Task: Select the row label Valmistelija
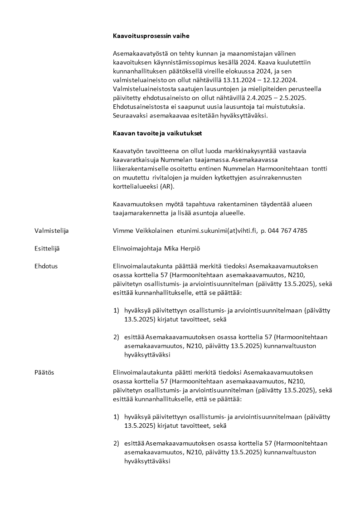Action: click(x=51, y=230)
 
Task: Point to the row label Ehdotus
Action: click(x=46, y=266)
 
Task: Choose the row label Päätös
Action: click(x=44, y=372)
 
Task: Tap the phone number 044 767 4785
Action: click(x=287, y=230)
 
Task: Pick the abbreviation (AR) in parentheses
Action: click(x=167, y=186)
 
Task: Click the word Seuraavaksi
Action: click(x=131, y=116)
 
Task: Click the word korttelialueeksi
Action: click(x=135, y=186)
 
